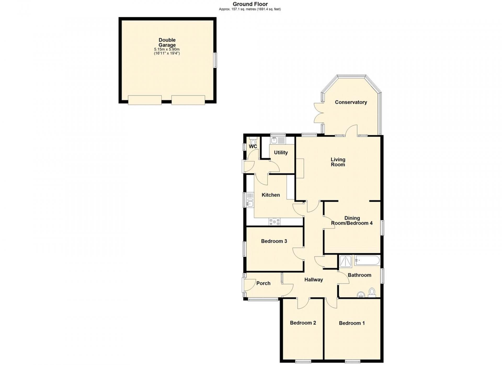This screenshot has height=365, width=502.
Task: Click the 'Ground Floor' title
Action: (250, 4)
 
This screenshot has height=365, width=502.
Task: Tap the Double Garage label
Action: (167, 42)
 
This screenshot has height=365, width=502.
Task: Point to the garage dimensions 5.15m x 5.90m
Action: (167, 49)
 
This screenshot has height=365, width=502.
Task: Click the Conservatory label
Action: (351, 102)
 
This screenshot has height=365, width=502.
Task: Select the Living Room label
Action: (338, 162)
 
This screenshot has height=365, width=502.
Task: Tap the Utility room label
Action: (281, 153)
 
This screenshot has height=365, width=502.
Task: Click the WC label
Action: (253, 147)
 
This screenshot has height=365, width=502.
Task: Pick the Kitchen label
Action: (271, 195)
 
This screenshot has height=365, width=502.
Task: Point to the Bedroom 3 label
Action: (274, 241)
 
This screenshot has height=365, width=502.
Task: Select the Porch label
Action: (263, 283)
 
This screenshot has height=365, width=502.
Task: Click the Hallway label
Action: (313, 280)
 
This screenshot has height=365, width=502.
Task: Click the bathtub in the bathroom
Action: (367, 261)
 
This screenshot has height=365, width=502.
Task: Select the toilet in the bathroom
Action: (372, 293)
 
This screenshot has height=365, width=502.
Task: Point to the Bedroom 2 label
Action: (303, 323)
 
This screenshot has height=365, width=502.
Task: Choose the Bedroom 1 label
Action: (352, 323)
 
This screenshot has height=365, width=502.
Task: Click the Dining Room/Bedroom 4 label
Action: (352, 221)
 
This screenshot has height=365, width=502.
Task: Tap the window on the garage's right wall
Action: (215, 60)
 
